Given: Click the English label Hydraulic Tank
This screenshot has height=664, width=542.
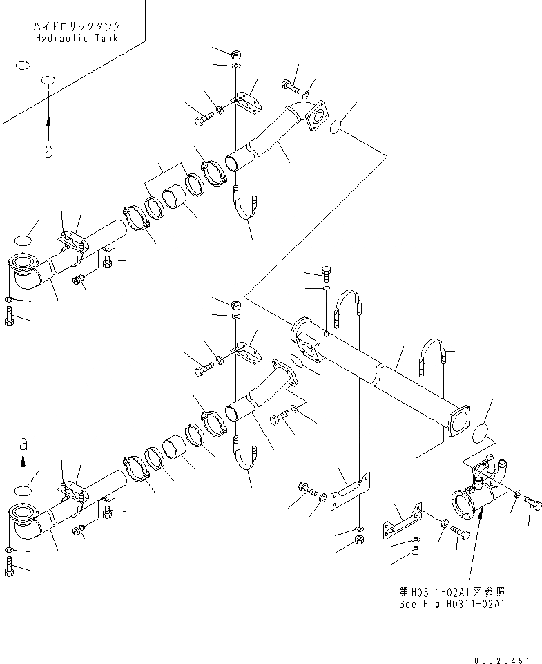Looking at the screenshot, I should [x=76, y=39].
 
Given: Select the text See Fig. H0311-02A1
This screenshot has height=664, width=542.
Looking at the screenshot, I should [x=453, y=603].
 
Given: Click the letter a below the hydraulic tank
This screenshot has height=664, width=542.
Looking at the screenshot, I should [x=48, y=151].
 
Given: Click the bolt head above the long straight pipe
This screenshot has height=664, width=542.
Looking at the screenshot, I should [x=327, y=271].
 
